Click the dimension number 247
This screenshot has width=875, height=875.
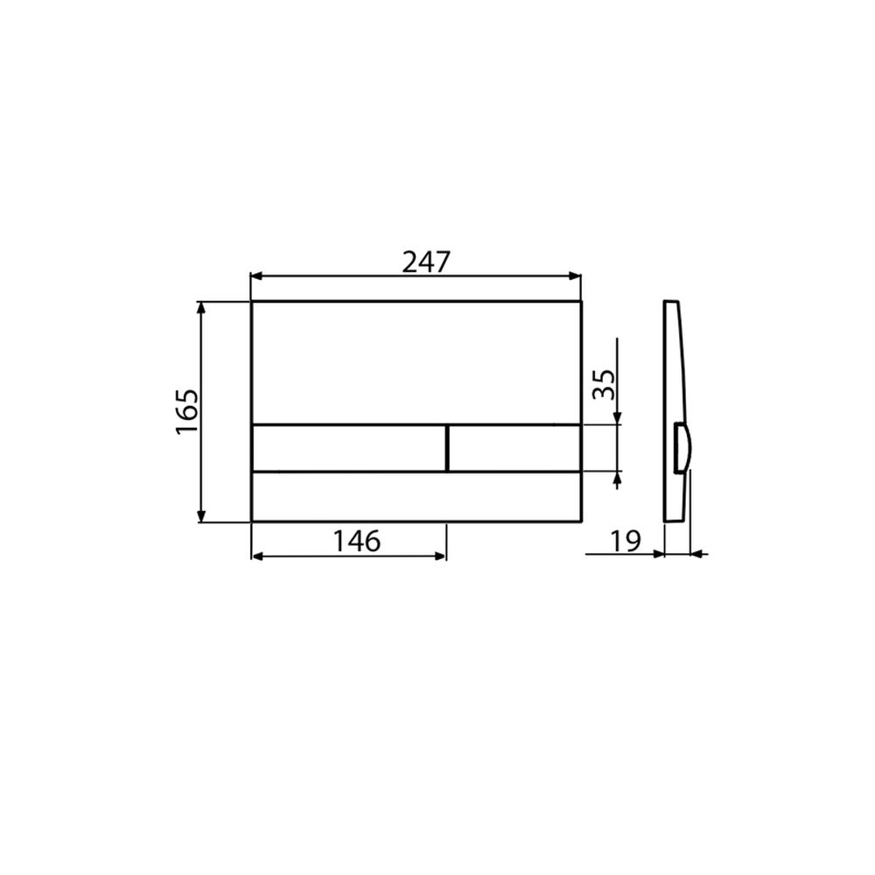point(426,262)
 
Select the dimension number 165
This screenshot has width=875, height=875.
point(187,412)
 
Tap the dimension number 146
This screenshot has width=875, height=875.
point(357,541)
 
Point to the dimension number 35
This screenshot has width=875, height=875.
point(604,384)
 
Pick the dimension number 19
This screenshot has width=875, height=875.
point(626,541)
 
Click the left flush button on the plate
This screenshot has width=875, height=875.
point(349,448)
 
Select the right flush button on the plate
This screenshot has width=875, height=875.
point(514,448)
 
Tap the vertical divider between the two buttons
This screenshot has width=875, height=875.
point(447,448)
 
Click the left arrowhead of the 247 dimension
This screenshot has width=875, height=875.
point(257,276)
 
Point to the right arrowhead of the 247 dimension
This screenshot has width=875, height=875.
point(575,276)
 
